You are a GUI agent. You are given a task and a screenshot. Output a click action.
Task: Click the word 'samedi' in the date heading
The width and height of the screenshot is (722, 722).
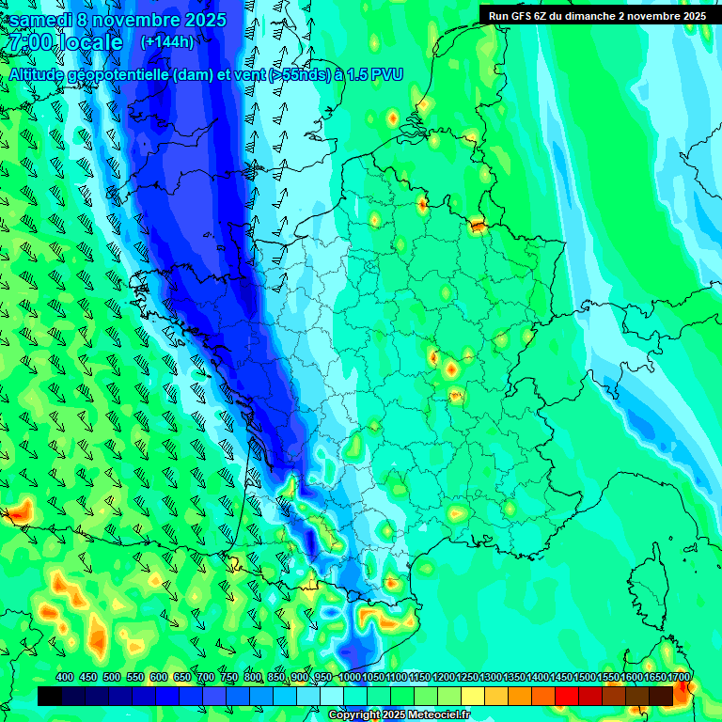coord(43,19)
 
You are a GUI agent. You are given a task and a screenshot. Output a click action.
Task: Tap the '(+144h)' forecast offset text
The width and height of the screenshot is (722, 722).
coord(167,41)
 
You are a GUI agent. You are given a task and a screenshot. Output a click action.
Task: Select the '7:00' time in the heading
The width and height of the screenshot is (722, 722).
coord(28,42)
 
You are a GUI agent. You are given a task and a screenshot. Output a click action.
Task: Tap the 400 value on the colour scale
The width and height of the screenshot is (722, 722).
coord(65,678)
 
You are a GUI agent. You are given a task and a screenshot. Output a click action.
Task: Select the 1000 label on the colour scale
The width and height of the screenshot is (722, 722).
coord(350,678)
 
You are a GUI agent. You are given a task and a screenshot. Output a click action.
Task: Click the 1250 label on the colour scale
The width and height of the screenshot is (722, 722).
coord(467,678)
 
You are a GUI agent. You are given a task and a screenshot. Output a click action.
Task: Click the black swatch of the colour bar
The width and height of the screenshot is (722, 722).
coord(50,696)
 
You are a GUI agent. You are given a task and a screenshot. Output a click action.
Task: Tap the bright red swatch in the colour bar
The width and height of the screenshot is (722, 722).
coord(567,696)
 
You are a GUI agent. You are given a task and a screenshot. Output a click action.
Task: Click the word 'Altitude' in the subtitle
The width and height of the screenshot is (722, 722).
coord(37,73)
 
